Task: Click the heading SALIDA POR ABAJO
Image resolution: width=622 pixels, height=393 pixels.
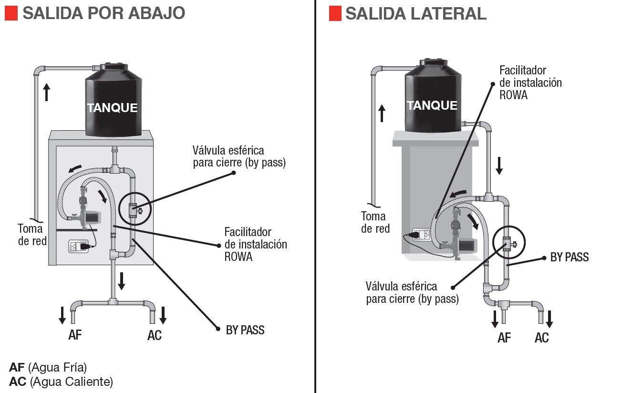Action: tap(104, 13)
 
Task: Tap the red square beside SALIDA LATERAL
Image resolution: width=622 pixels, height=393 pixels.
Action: tap(335, 14)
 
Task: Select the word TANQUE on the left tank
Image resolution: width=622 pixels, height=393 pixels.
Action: tap(112, 108)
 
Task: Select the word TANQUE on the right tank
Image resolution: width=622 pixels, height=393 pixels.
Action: tap(432, 105)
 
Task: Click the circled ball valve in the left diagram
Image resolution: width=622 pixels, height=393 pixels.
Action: tap(135, 208)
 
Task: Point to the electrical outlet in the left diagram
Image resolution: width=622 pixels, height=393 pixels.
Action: tap(79, 247)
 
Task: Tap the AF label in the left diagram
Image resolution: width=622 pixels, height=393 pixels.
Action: tap(75, 335)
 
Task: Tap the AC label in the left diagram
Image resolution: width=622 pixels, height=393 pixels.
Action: tap(155, 335)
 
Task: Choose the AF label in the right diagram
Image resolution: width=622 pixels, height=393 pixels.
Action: tap(504, 338)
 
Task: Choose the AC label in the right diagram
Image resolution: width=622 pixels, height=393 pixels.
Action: tap(541, 338)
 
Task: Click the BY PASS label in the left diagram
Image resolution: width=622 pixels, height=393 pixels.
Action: tap(245, 330)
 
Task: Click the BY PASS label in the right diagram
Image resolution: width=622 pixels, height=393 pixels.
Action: tap(570, 258)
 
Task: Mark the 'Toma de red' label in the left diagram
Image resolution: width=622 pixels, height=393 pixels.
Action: tap(32, 234)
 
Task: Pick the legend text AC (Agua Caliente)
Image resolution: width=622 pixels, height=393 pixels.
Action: tap(61, 382)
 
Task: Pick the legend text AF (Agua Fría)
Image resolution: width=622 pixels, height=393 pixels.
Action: tap(48, 368)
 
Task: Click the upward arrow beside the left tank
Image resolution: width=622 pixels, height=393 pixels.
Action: tap(46, 92)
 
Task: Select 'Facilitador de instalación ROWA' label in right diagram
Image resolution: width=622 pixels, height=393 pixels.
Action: tap(530, 83)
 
